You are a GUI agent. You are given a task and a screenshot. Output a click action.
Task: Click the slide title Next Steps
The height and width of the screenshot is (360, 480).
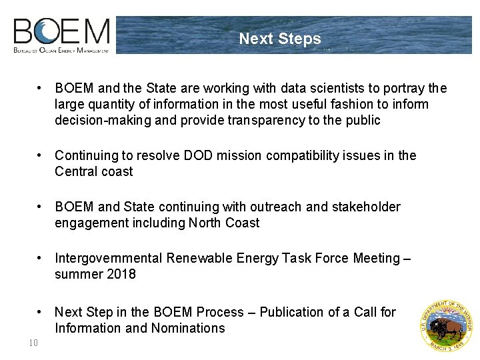280,39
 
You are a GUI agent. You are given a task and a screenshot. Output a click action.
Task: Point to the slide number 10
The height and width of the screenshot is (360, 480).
33,343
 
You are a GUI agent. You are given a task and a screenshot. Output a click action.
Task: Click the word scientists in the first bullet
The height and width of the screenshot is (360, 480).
351,89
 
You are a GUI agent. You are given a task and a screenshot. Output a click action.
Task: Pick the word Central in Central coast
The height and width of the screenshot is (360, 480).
76,172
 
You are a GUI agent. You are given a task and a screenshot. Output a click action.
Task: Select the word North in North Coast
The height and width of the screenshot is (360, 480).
205,223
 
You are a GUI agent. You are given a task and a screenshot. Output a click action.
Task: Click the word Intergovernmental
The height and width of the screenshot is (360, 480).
109,259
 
